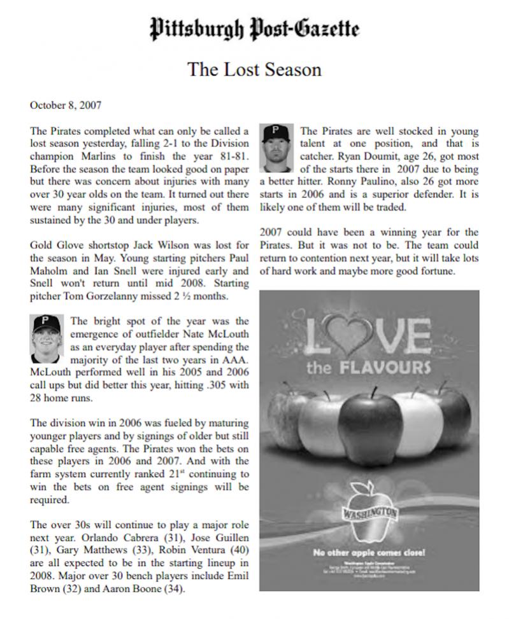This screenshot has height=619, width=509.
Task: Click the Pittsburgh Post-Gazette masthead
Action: pos(254,29)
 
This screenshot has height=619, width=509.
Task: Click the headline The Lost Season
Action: pos(254,69)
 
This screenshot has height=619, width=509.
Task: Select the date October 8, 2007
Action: pos(66,105)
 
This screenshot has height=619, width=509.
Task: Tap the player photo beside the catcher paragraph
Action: pos(277,148)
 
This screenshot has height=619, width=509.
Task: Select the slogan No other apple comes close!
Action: pos(369,552)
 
